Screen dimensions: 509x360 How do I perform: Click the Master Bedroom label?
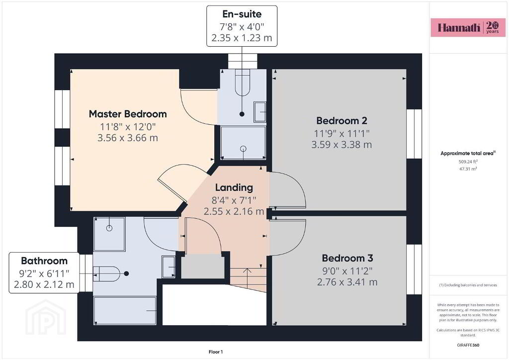pos(128,114)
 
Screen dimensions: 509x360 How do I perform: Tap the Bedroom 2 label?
pos(341,121)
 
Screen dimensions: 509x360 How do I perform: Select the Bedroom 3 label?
pos(347,258)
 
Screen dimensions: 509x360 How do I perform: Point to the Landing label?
pos(234,187)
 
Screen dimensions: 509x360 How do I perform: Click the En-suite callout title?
pos(242,14)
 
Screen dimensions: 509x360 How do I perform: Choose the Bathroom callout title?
pos(44,261)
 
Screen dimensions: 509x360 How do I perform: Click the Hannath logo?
pos(468,27)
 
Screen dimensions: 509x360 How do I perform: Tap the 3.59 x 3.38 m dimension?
pos(341,145)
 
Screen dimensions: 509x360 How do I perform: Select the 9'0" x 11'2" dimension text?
pos(347,270)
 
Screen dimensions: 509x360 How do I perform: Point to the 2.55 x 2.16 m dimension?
pos(234,211)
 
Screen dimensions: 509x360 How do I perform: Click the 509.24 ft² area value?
pos(468,161)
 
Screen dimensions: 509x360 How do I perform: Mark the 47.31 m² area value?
pos(468,169)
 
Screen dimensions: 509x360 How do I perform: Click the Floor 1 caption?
pos(216,352)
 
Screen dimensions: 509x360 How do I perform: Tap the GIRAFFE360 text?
pos(468,345)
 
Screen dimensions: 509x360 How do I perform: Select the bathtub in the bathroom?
pos(125,311)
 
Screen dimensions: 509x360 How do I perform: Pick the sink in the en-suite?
pos(259,112)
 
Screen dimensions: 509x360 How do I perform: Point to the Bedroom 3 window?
pos(414,269)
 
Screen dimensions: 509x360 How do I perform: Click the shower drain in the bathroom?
pos(109,228)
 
